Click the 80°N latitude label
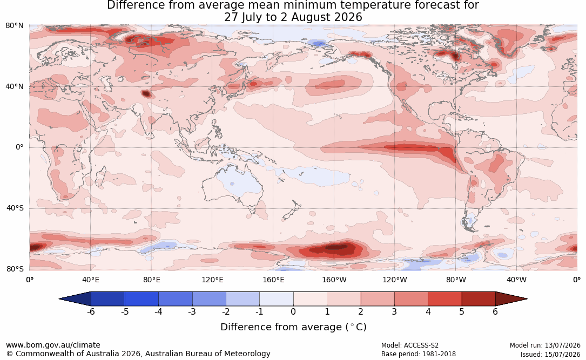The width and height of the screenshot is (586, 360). [14, 26]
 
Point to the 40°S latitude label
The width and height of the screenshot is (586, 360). [15, 208]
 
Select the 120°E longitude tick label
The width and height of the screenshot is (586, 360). [212, 280]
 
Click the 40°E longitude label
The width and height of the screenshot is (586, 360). [91, 280]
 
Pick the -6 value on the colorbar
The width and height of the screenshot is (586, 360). [91, 311]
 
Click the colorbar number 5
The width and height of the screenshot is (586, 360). [462, 311]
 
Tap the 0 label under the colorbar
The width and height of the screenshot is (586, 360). [293, 311]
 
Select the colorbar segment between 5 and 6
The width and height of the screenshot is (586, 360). [479, 299]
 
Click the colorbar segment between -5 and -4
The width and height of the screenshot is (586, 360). [142, 299]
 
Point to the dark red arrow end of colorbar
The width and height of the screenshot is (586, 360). [511, 299]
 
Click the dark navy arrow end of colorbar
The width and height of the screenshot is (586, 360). [75, 299]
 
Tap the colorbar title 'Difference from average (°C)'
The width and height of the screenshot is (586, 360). [293, 327]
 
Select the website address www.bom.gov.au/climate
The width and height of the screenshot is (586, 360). [53, 345]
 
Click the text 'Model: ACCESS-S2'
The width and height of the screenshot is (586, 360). [409, 345]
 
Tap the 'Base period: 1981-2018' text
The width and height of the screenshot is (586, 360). [419, 354]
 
